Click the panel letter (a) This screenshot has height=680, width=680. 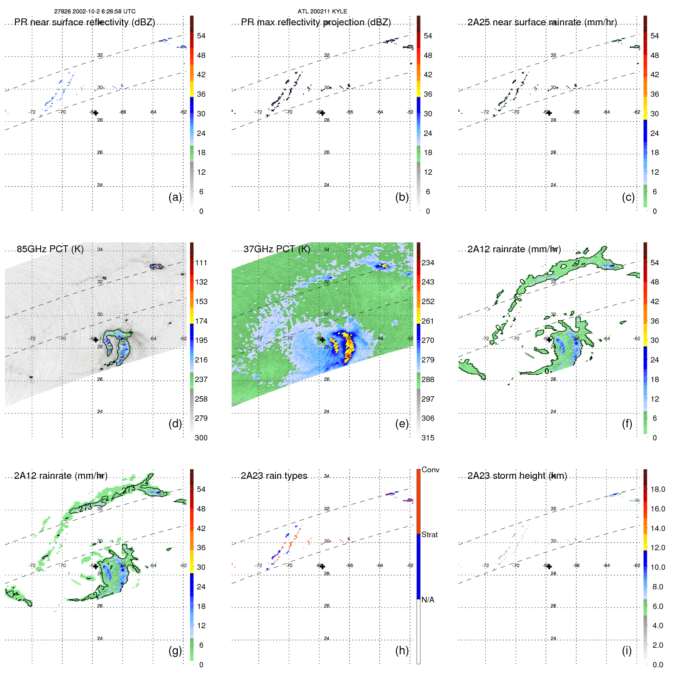tap(175, 197)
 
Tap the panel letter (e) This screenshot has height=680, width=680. tap(402, 424)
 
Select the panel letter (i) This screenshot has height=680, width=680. tap(627, 650)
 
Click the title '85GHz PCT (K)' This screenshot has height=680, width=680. tap(50, 249)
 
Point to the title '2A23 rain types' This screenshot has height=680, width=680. tap(274, 476)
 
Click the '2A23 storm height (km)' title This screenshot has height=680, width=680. tap(517, 476)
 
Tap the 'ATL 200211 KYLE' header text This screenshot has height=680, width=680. tap(322, 12)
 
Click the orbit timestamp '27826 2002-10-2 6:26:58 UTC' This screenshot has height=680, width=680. tap(95, 12)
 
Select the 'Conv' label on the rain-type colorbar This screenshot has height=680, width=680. tap(430, 470)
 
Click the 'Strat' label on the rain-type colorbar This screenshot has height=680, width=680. tap(430, 534)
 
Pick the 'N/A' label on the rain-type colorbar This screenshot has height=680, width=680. tap(428, 600)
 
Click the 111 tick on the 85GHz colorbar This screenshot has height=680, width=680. tap(201, 263)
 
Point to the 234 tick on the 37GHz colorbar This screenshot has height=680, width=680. tap(428, 263)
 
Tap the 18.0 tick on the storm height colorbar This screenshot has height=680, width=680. tap(658, 489)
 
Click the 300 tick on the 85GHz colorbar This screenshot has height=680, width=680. tap(201, 438)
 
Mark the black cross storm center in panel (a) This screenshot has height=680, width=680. tap(96, 113)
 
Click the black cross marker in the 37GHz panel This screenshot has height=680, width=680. tap(323, 339)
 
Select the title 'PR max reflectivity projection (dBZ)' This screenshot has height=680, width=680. tap(316, 22)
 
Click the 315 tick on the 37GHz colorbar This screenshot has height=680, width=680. tap(428, 438)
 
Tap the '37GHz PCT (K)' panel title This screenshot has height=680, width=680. tap(277, 249)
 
